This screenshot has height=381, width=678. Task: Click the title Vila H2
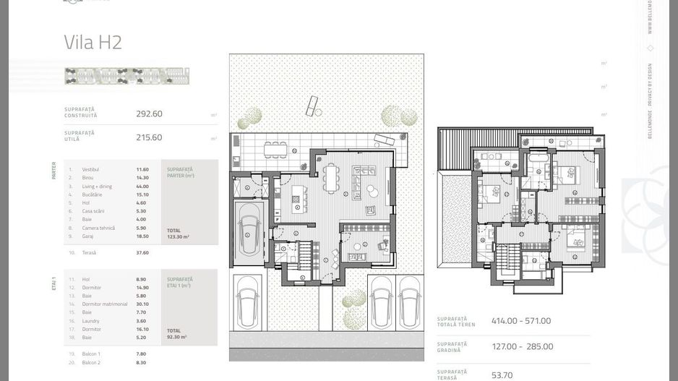(93, 42)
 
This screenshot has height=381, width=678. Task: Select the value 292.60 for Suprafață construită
(149, 114)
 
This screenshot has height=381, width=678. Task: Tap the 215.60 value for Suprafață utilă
(149, 137)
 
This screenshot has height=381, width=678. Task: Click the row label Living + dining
(97, 187)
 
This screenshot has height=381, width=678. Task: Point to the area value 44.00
(142, 187)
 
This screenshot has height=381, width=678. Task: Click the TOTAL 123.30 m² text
(177, 234)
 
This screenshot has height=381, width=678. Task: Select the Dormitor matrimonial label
(105, 304)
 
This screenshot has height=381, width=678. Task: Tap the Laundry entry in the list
(90, 321)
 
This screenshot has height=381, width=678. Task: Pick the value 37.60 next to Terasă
(142, 253)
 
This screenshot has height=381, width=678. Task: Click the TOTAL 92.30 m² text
(176, 333)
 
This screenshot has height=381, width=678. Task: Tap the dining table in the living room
(332, 176)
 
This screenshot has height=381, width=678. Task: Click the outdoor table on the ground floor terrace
(278, 150)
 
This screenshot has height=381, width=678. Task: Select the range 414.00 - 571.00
(521, 321)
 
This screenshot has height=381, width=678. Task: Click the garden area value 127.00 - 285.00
(522, 346)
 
